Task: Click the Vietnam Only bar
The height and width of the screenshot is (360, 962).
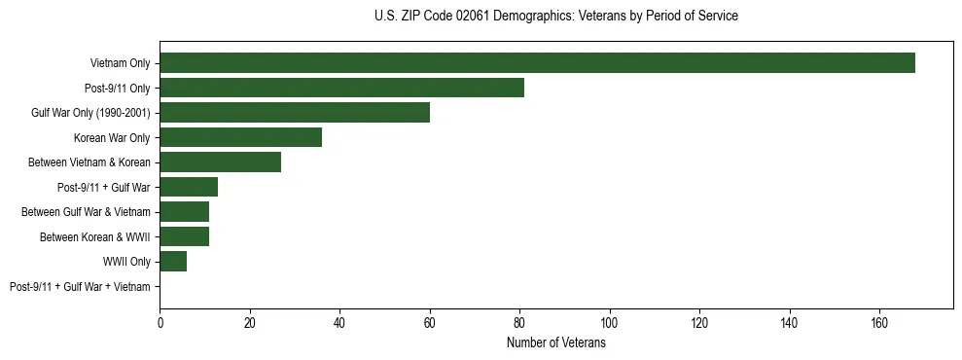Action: pyautogui.click(x=537, y=63)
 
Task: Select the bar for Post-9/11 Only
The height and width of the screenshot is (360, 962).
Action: pyautogui.click(x=341, y=88)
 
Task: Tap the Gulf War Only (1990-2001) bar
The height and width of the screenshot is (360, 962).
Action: pyautogui.click(x=295, y=113)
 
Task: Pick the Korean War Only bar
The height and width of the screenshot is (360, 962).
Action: pyautogui.click(x=240, y=137)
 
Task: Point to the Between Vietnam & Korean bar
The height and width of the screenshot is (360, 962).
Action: pyautogui.click(x=220, y=162)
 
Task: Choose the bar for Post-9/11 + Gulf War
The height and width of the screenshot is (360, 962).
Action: pyautogui.click(x=189, y=187)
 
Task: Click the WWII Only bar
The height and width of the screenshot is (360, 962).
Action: pyautogui.click(x=173, y=262)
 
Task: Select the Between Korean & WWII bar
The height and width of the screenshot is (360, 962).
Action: pyautogui.click(x=184, y=236)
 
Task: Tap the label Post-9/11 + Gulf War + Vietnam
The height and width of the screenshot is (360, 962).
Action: pyautogui.click(x=80, y=287)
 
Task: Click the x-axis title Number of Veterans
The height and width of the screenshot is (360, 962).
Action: pyautogui.click(x=556, y=343)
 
